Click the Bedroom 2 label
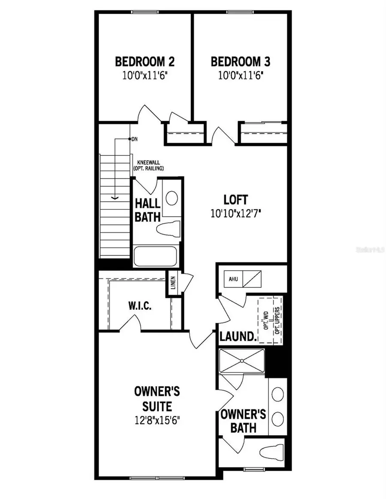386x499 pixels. pyautogui.click(x=145, y=62)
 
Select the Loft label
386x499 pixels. pyautogui.click(x=236, y=200)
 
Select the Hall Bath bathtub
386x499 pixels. pyautogui.click(x=155, y=257)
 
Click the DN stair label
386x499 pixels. pyautogui.click(x=134, y=139)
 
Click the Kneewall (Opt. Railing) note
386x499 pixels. pyautogui.click(x=150, y=166)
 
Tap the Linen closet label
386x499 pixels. pyautogui.click(x=173, y=284)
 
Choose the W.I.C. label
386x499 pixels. pyautogui.click(x=139, y=306)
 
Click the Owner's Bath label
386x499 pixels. pyautogui.click(x=243, y=421)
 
